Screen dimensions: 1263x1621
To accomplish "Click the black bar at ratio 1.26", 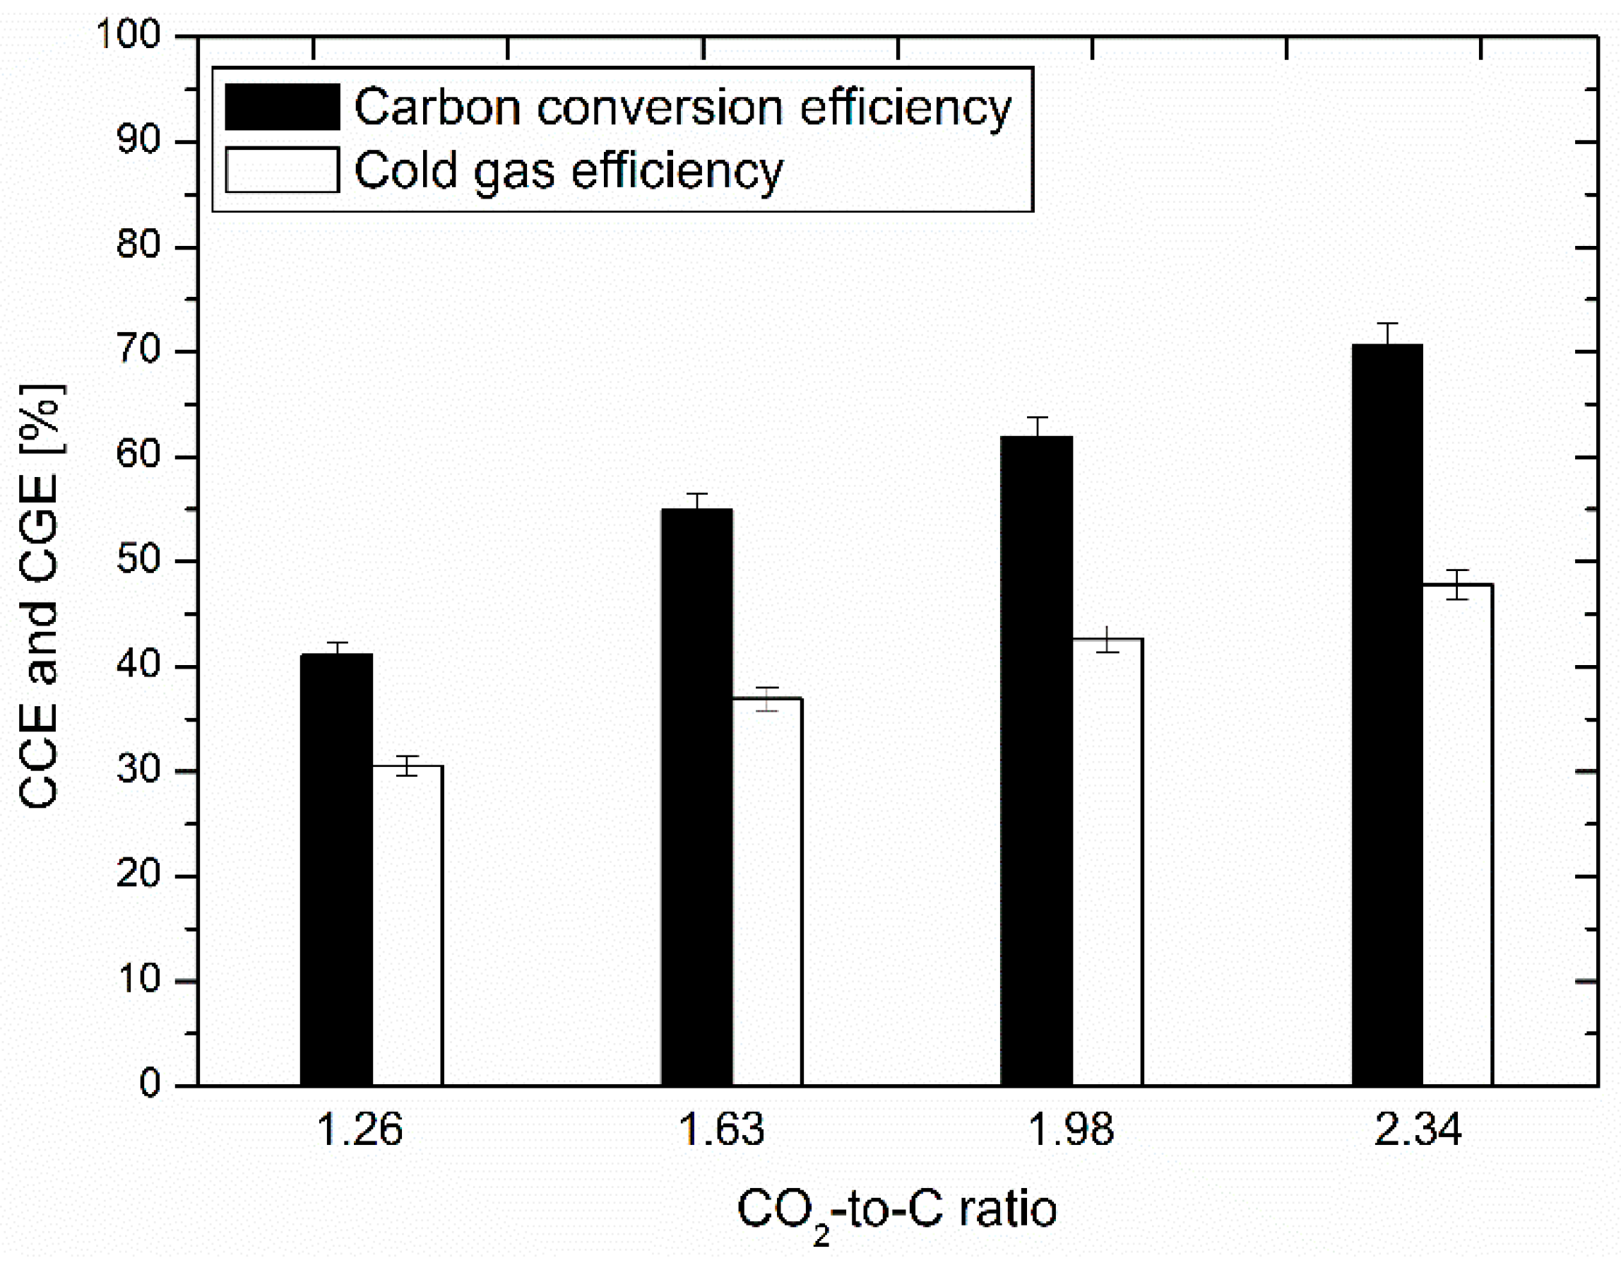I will click(x=336, y=869).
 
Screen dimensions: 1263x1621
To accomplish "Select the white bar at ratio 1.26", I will click(x=408, y=924).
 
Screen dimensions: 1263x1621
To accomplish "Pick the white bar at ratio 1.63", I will click(x=768, y=891).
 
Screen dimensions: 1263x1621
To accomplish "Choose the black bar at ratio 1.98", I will click(x=1036, y=760).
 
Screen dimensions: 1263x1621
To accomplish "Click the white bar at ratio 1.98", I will click(x=1108, y=862).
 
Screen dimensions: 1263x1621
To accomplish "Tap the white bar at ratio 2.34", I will click(x=1458, y=835).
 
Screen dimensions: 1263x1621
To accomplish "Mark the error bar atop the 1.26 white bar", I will click(x=408, y=765).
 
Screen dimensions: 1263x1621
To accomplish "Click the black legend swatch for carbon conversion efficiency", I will click(x=282, y=107).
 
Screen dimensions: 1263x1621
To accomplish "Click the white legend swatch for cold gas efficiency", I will click(x=282, y=170).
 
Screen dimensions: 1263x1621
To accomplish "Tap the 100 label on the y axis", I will click(x=129, y=35).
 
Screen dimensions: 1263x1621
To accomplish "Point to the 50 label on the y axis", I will click(x=139, y=560).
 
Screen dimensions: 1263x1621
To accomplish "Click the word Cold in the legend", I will click(x=405, y=170).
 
